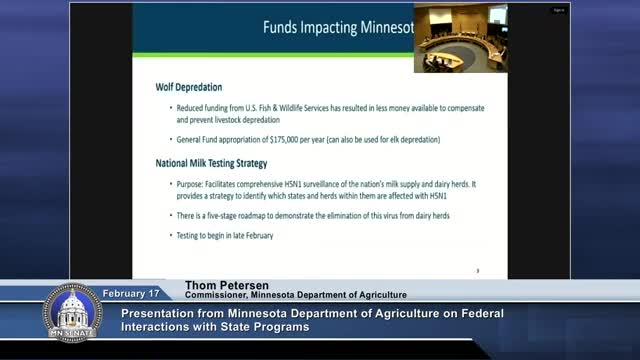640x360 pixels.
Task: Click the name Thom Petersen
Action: pyautogui.click(x=223, y=283)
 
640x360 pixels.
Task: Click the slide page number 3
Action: pyautogui.click(x=478, y=270)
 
